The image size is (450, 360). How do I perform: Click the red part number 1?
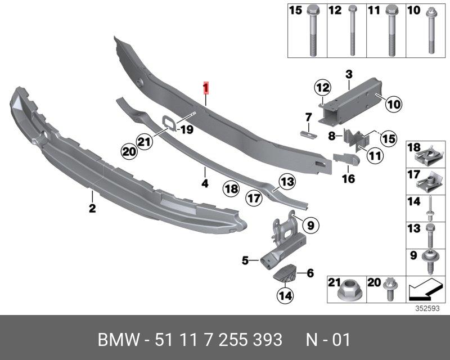(x=206, y=88)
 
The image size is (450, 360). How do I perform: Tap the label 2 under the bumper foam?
(x=92, y=209)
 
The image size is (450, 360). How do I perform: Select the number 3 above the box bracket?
(x=348, y=74)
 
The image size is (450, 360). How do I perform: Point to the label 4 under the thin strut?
(x=205, y=183)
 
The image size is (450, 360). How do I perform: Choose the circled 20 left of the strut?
(x=129, y=151)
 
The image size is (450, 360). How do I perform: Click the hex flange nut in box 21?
(x=346, y=291)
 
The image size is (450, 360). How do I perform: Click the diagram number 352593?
(x=427, y=308)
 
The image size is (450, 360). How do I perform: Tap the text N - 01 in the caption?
(x=328, y=340)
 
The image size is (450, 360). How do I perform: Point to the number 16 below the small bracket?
(x=348, y=178)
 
